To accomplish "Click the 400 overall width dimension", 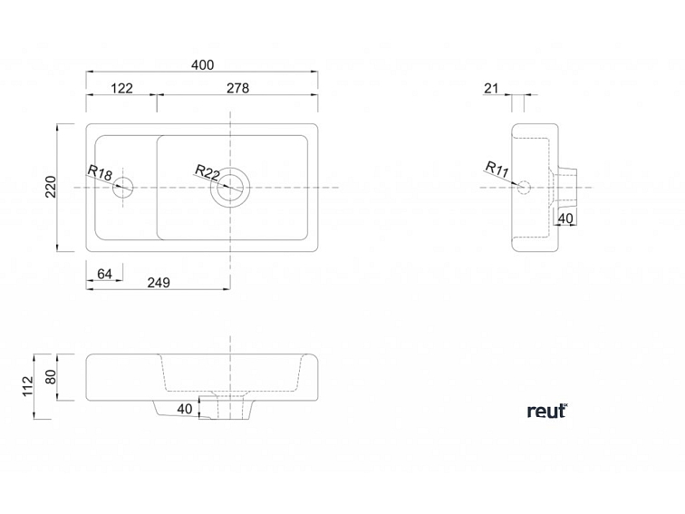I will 202,64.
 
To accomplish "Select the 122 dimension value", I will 121,88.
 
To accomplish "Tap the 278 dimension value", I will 237,88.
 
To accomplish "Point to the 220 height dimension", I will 51,187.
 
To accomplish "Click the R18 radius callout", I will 100,173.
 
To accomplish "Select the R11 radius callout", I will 496,167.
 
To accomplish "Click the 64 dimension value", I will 104,274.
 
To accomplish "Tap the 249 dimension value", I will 159,282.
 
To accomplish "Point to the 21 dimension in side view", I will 492,88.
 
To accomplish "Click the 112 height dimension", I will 27,385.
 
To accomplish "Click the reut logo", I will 546,411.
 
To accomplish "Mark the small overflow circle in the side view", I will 521,188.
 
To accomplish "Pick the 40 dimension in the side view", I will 564,218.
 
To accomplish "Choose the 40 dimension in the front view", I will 185,409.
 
